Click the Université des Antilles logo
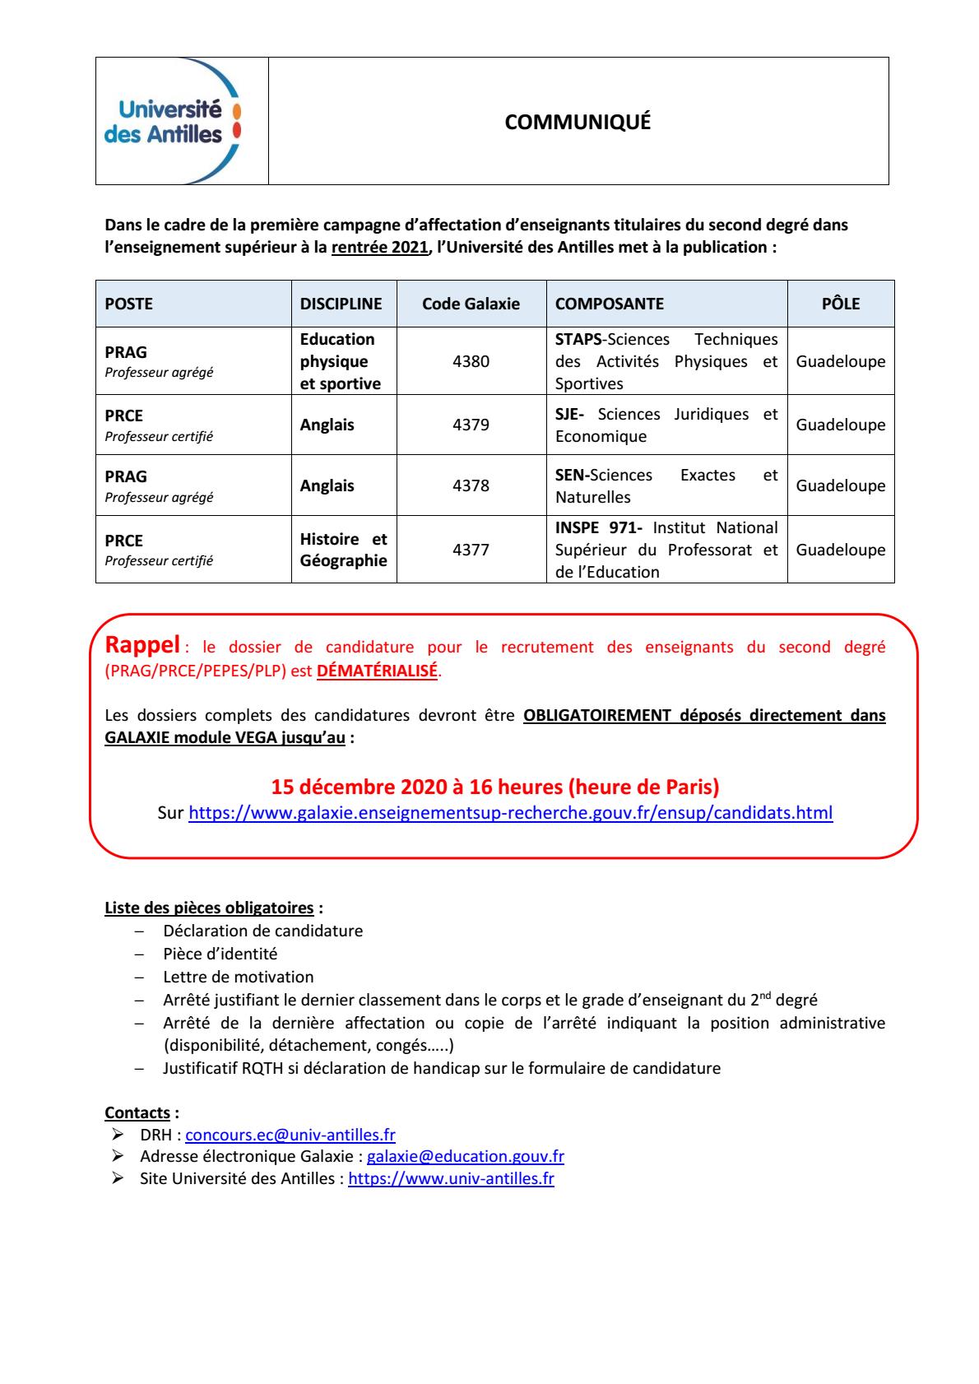174,121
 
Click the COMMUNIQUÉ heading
578,122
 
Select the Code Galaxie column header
471,304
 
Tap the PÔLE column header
840,304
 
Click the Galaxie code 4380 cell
471,361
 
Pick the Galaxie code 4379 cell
471,425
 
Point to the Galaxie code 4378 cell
471,485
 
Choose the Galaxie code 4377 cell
471,550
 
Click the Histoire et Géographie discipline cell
343,550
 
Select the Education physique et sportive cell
340,361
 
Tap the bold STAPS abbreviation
578,340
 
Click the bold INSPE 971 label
598,527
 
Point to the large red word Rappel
142,644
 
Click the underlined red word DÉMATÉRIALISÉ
378,671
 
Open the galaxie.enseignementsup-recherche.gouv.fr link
510,813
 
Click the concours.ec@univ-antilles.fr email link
290,1135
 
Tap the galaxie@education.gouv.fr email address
465,1156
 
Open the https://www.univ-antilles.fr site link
451,1178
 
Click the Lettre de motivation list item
239,977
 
